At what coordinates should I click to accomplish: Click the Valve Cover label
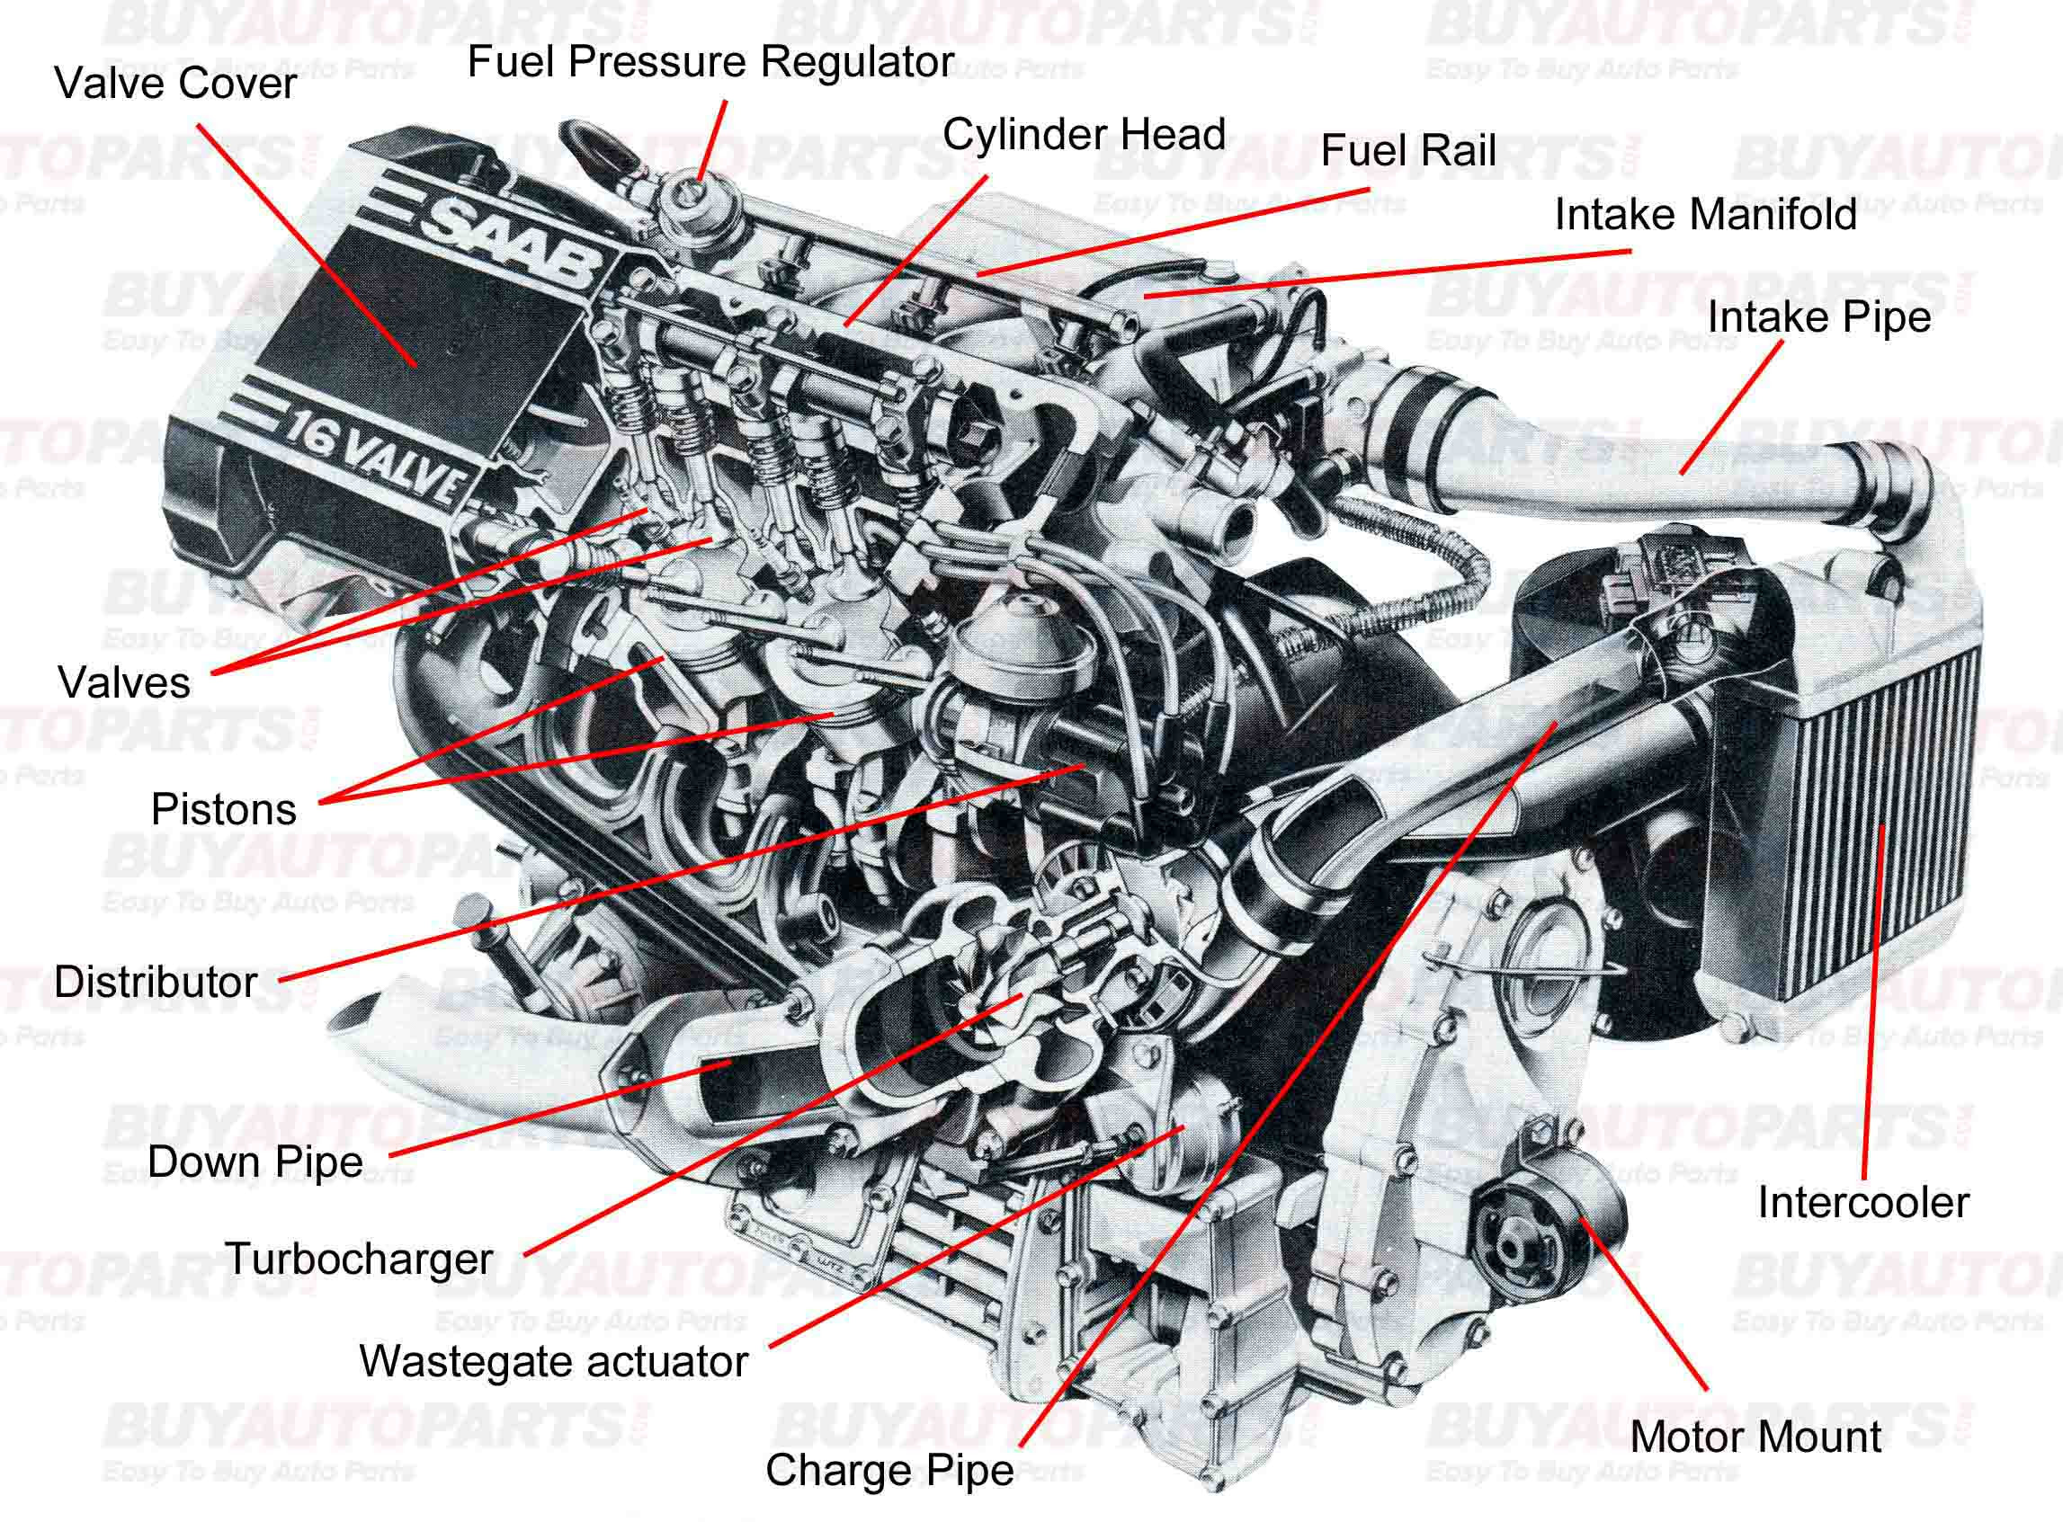tap(175, 84)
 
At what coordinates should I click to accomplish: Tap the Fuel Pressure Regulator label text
tap(710, 63)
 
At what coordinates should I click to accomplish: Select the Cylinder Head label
tap(1084, 135)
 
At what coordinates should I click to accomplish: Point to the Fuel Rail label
tap(1408, 151)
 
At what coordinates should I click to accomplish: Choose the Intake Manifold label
tap(1704, 215)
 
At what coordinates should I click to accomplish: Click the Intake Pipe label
tap(1818, 317)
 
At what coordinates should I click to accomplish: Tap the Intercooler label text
tap(1862, 1202)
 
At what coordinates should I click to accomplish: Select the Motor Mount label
tap(1755, 1437)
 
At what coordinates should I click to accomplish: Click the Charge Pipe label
tap(889, 1470)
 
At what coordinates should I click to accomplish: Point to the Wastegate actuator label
tap(553, 1362)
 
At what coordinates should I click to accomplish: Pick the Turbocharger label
tap(360, 1259)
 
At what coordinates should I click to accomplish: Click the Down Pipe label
tap(255, 1161)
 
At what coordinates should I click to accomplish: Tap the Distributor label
tap(156, 982)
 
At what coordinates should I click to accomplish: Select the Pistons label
tap(224, 810)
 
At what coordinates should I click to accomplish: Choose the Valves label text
tap(124, 682)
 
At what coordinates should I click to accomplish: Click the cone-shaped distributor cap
tap(1023, 645)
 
